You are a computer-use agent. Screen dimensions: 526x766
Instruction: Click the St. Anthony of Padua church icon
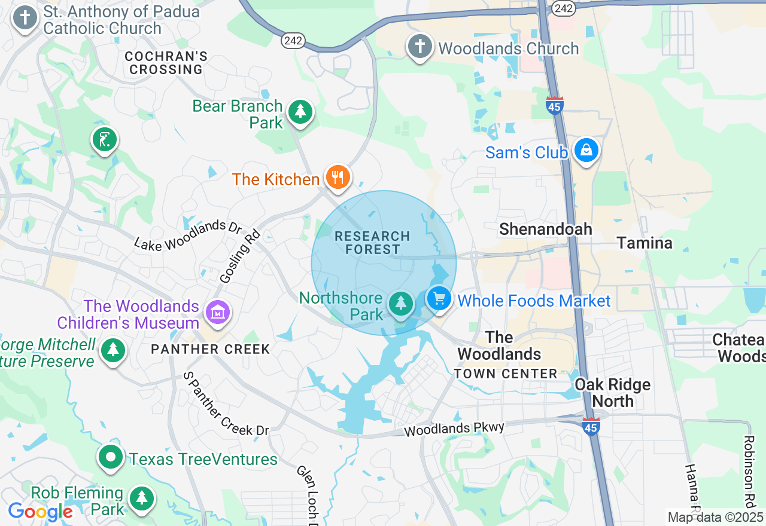(25, 18)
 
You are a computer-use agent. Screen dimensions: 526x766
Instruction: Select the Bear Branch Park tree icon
(300, 112)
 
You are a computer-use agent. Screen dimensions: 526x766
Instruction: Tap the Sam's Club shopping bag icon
(586, 151)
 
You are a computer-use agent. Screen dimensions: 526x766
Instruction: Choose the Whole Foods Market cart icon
(439, 298)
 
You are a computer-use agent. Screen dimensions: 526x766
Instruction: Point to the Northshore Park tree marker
(400, 304)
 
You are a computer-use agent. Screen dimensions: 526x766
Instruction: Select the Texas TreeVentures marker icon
(111, 457)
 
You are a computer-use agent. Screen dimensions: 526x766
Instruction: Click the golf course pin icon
(104, 140)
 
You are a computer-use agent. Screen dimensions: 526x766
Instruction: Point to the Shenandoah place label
(545, 229)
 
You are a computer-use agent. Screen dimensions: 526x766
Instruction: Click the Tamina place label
(645, 243)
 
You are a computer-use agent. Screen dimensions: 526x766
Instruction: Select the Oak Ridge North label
(612, 392)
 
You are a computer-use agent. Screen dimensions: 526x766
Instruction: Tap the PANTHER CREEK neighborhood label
(211, 349)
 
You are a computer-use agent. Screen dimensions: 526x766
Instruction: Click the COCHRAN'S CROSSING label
(166, 63)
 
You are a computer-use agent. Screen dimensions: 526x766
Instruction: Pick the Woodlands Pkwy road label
(454, 429)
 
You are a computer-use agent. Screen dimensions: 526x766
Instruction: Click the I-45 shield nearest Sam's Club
(555, 105)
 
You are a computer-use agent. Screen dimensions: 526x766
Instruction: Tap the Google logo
(40, 512)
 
